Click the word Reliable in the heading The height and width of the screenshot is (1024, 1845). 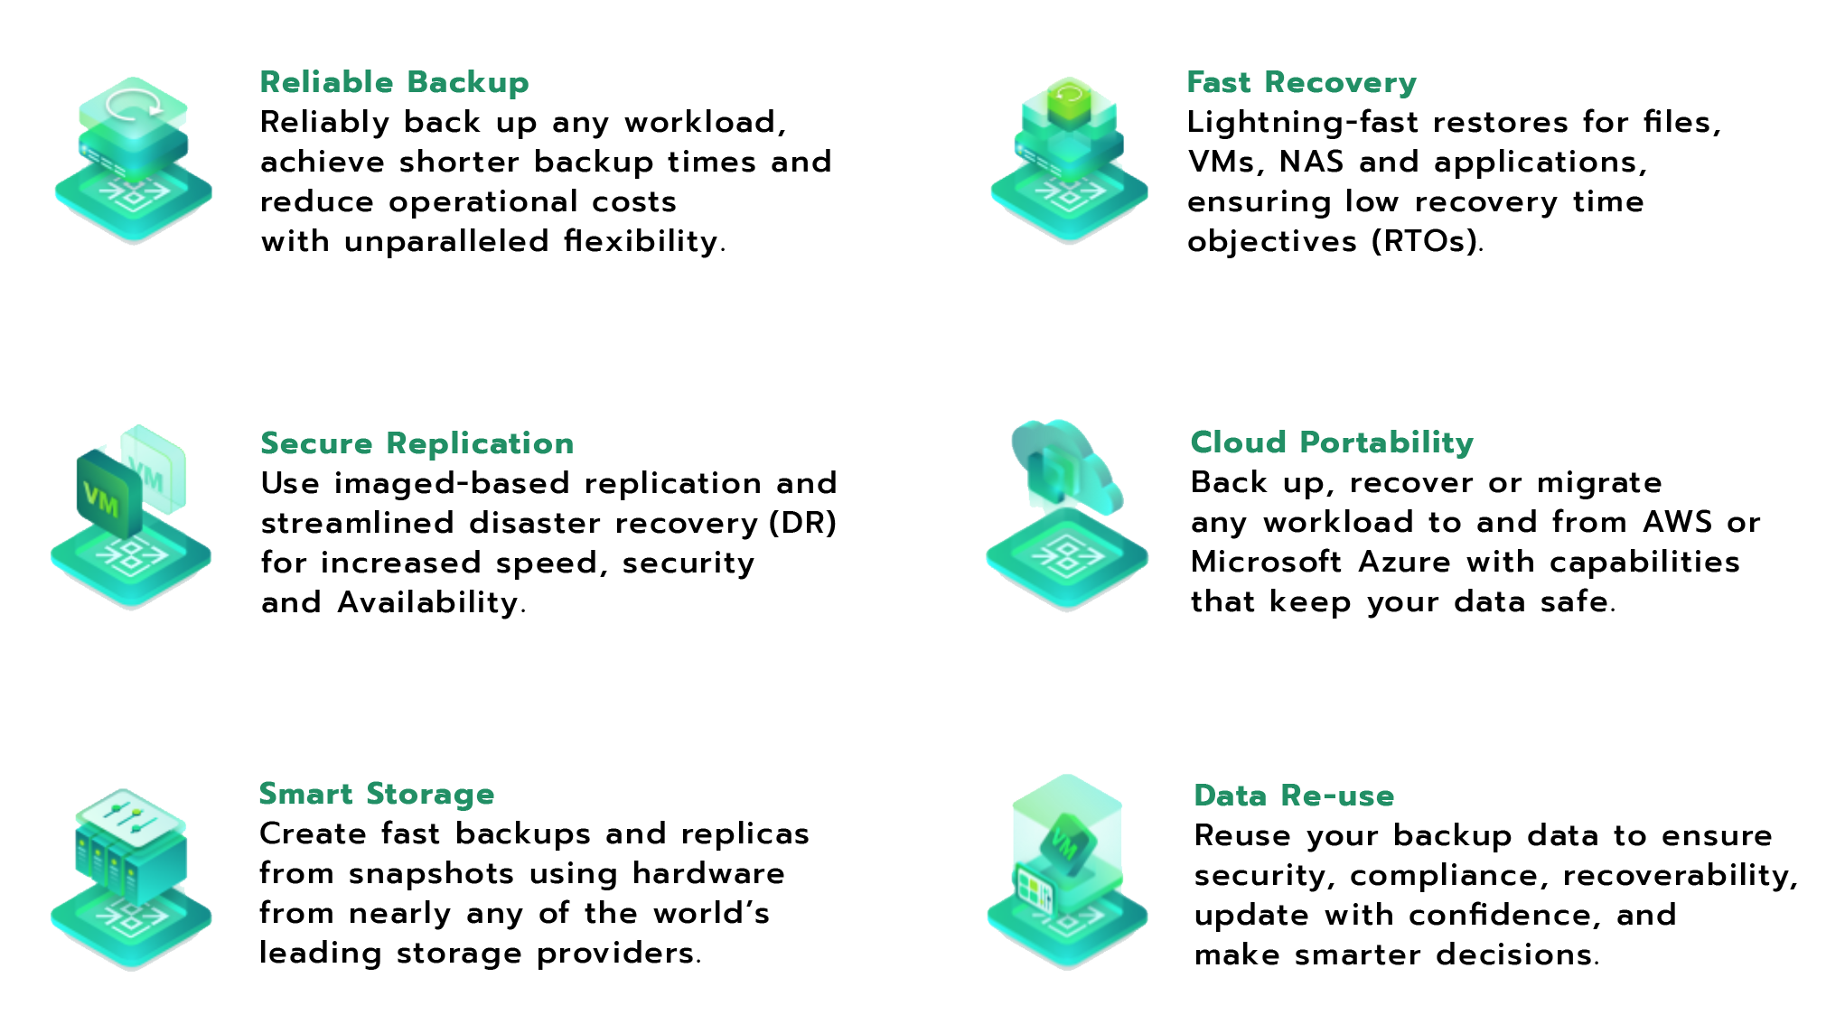pyautogui.click(x=326, y=83)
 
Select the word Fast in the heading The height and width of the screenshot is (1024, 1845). pyautogui.click(x=1218, y=83)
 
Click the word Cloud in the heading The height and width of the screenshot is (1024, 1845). pyautogui.click(x=1238, y=442)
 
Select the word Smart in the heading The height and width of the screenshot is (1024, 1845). pyautogui.click(x=305, y=795)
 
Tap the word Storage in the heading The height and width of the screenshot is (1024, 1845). pyautogui.click(x=430, y=795)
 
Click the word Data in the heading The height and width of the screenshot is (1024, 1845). pyautogui.click(x=1231, y=796)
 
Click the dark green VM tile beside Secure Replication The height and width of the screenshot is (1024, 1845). pyautogui.click(x=107, y=495)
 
